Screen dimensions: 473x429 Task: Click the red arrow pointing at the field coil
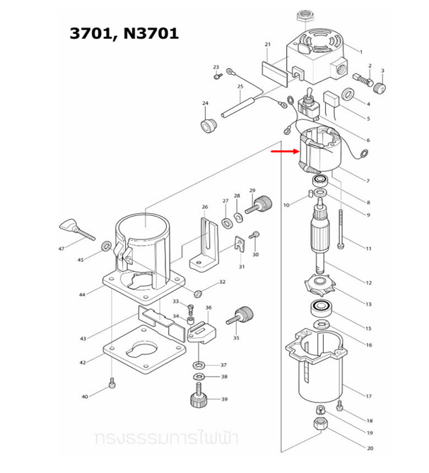[x=285, y=150]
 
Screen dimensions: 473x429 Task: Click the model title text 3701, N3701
[x=124, y=33]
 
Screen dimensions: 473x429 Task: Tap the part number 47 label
[x=61, y=249]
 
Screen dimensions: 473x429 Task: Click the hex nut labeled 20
[x=318, y=425]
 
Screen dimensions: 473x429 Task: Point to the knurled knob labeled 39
[x=198, y=400]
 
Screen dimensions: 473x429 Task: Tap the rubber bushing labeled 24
[x=208, y=126]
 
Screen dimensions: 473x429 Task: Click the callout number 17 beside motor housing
[x=368, y=396]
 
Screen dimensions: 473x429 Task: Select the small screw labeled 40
[x=111, y=385]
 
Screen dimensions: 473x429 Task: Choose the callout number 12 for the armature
[x=368, y=283]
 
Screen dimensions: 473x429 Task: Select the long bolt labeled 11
[x=341, y=227]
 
